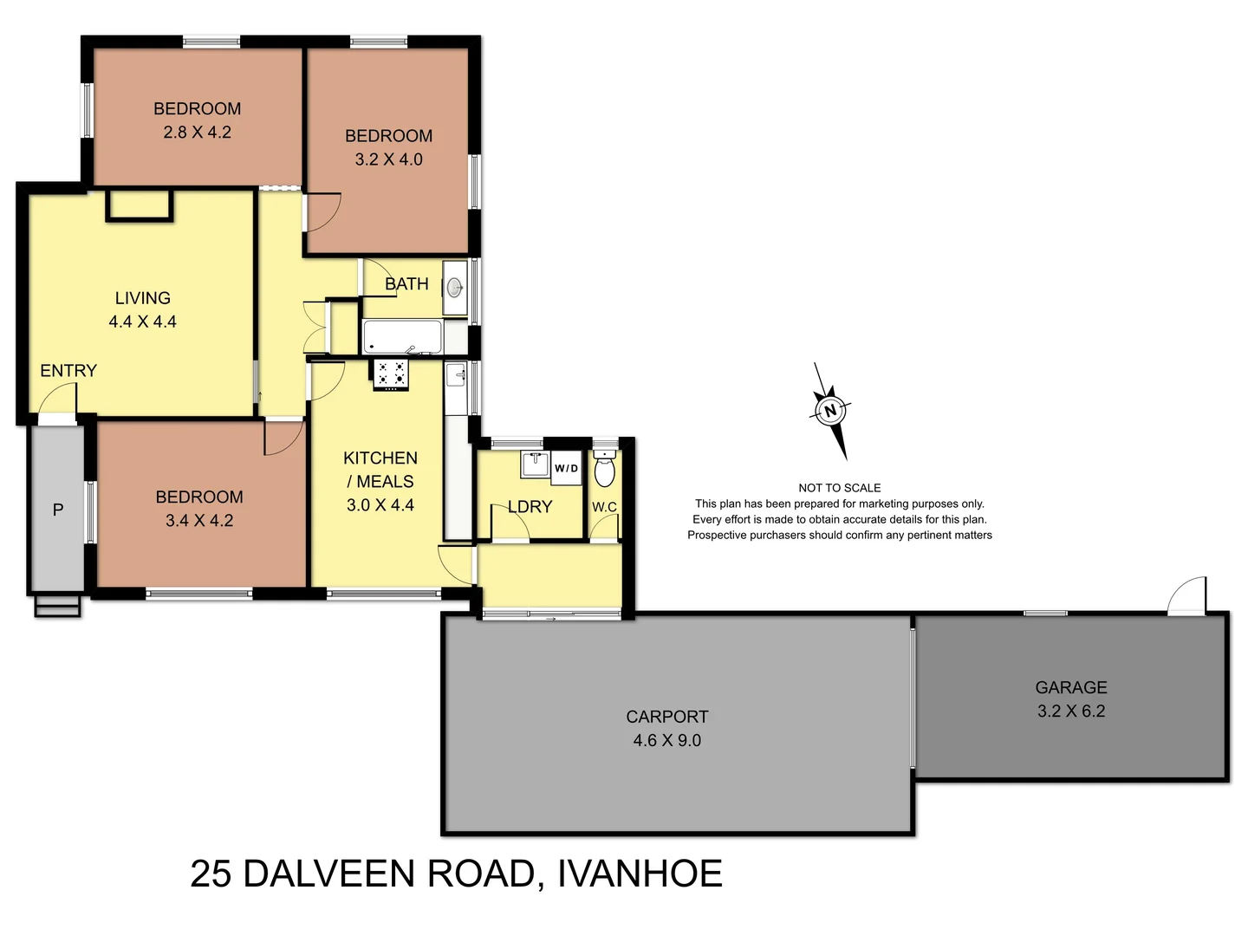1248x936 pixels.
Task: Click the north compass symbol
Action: tap(830, 411)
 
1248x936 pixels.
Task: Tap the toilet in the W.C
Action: tap(604, 471)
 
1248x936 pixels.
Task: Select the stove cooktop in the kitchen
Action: tap(391, 374)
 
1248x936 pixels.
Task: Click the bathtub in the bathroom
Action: tap(402, 337)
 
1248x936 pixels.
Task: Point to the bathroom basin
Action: tap(454, 288)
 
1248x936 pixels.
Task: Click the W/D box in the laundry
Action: tap(566, 468)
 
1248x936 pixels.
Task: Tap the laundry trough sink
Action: tap(534, 464)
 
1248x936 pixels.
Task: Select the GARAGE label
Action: tap(1070, 687)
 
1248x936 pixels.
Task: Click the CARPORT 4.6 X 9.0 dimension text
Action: tap(666, 740)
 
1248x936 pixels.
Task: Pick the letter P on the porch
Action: tap(58, 510)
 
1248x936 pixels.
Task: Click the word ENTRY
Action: tap(68, 371)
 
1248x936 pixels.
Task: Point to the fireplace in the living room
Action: tap(140, 205)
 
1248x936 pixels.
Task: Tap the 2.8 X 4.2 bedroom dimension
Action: tap(198, 133)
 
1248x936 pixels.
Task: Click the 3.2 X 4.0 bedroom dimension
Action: tap(388, 159)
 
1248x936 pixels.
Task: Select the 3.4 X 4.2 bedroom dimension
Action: tap(199, 521)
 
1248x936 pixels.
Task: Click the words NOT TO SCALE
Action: tap(839, 488)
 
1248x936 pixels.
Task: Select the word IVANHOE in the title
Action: tap(640, 874)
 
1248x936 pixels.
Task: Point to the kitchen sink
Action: tap(456, 376)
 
